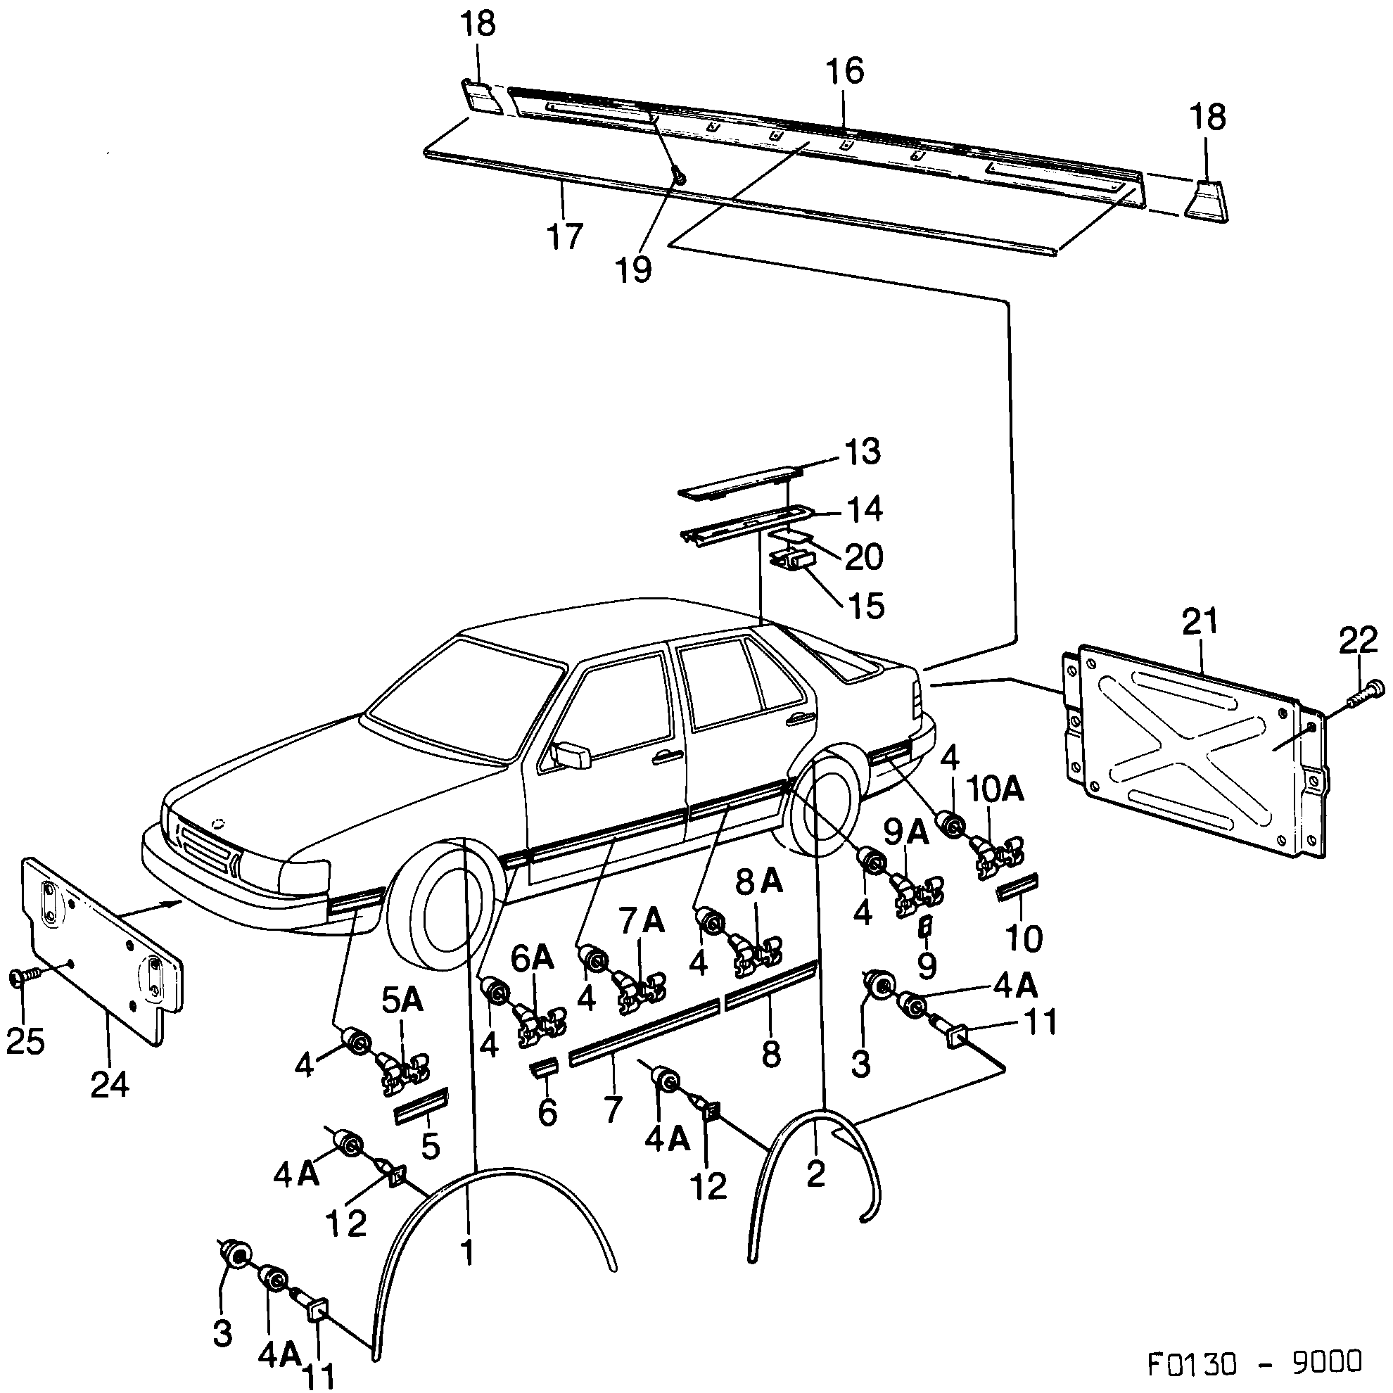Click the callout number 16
tap(844, 72)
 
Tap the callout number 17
tap(564, 236)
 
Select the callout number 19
tap(634, 270)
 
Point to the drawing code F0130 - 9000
tap(1254, 1361)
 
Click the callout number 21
tap(1200, 621)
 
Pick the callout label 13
tap(862, 452)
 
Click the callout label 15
tap(866, 606)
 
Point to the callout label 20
tap(863, 557)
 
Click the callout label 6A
tap(531, 959)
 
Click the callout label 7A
tap(641, 922)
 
